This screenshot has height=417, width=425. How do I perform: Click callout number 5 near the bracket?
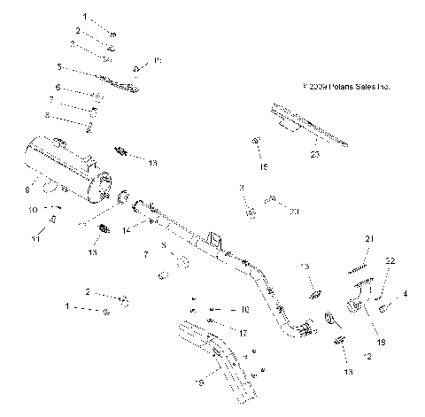[x=59, y=66]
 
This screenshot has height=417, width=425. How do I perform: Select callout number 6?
[x=58, y=89]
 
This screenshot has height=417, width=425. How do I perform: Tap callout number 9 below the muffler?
[x=27, y=188]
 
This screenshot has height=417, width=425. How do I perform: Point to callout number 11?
[x=36, y=238]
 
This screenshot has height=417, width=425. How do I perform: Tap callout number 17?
[x=243, y=333]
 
